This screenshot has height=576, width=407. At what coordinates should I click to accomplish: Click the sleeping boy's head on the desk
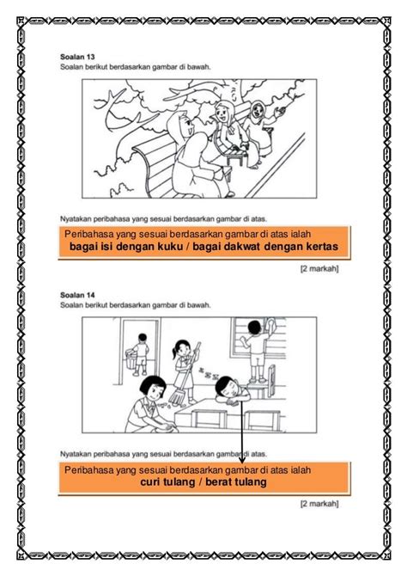coord(227,385)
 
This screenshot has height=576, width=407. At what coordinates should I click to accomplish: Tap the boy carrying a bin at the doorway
coord(133,351)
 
